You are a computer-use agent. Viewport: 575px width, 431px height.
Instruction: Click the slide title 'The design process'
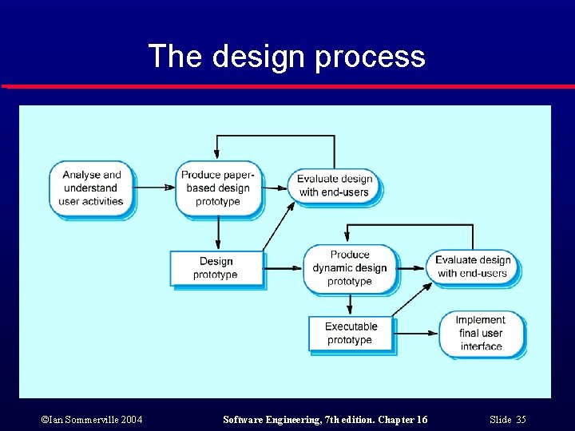287,57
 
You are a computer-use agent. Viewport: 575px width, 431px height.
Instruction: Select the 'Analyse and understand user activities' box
92,188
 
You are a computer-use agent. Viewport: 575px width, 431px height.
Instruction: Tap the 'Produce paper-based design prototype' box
218,188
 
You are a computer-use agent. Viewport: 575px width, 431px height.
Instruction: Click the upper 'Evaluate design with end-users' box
335,185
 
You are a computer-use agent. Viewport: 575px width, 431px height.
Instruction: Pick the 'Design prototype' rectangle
216,268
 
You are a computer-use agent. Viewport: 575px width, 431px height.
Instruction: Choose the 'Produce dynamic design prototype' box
349,268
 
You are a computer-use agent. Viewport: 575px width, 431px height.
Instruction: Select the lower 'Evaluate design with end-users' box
473,267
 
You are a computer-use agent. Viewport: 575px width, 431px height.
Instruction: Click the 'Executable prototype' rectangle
351,333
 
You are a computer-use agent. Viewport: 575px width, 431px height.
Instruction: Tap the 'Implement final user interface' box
481,333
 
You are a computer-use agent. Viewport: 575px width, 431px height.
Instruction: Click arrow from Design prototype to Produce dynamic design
284,267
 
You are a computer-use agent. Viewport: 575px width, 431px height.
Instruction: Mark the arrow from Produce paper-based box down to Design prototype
217,233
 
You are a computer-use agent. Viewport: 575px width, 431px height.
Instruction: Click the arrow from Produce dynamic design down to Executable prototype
349,304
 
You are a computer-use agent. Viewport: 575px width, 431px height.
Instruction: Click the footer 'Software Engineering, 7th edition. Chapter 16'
325,420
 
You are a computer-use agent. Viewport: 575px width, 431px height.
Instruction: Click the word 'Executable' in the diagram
351,326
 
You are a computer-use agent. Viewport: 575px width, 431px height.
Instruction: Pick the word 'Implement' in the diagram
481,320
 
